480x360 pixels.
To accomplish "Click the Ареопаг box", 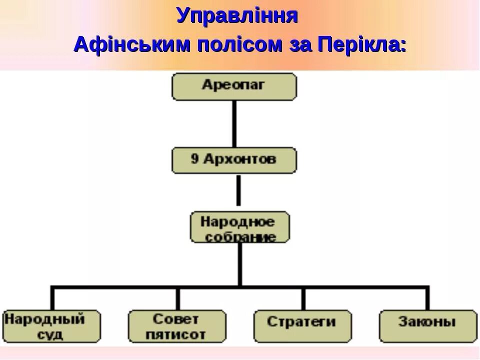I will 234,86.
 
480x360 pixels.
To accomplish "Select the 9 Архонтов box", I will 234,160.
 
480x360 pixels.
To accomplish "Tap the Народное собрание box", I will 239,227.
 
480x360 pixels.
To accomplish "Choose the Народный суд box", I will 51,326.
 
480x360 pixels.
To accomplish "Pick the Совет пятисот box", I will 177,326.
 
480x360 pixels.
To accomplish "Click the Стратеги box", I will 302,326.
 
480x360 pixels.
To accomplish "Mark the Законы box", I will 427,326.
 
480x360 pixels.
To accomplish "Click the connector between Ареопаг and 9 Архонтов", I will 234,123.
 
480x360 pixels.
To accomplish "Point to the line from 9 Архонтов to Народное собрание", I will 238,190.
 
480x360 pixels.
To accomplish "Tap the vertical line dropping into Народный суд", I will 52,299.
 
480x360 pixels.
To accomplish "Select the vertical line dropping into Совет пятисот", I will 177,299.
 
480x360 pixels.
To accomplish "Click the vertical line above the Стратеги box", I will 302,299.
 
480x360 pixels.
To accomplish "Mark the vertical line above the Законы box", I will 427,299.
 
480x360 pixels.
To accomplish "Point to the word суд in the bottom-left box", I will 50,334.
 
